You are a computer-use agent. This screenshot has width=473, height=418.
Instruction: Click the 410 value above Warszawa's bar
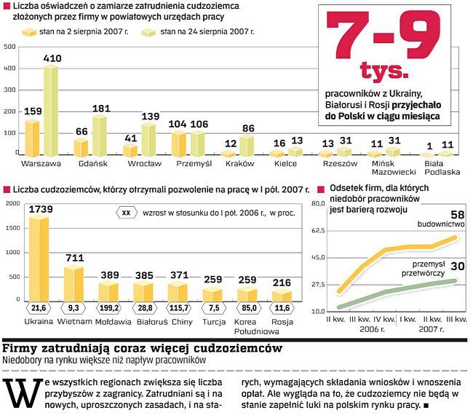[52, 58]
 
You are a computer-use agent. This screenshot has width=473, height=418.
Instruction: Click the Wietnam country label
[74, 321]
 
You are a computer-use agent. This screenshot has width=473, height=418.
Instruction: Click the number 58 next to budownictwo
[457, 214]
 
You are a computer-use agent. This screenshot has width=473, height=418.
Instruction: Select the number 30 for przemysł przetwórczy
[457, 266]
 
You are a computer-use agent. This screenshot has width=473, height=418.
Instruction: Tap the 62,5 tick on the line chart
[319, 231]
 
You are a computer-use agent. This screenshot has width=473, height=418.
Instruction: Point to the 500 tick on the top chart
[10, 47]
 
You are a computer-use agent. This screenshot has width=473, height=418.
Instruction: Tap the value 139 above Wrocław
[150, 117]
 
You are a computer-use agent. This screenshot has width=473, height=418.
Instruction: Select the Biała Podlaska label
[442, 168]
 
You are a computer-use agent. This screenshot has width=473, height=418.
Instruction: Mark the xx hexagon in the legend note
[127, 213]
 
